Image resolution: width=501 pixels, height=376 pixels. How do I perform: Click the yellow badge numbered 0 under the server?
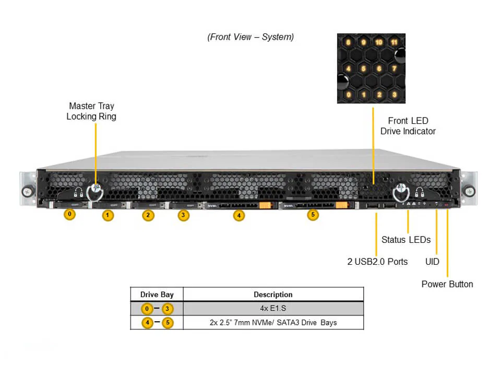(69, 214)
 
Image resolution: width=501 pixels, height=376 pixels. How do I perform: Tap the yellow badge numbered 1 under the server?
(108, 215)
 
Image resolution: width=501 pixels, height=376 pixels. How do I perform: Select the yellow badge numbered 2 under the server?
(149, 215)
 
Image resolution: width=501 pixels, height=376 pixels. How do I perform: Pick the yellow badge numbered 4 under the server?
(238, 215)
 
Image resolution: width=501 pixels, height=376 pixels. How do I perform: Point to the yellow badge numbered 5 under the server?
(313, 214)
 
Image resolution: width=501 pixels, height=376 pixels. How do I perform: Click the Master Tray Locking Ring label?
(91, 111)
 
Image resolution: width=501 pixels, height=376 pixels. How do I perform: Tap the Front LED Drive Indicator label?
(408, 126)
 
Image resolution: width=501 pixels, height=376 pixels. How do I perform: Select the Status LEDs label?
(406, 240)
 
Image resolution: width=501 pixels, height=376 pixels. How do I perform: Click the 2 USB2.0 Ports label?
(377, 261)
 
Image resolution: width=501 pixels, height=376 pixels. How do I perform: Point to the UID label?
(432, 261)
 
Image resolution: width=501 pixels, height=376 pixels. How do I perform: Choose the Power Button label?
(447, 284)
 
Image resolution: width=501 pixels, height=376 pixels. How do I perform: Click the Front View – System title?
(250, 37)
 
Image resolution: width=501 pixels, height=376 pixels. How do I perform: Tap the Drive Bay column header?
(157, 295)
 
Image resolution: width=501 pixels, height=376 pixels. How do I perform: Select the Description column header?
(273, 295)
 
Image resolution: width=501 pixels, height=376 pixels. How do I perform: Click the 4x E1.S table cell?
(273, 309)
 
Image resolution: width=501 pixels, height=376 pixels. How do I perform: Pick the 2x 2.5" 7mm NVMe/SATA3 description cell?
(273, 323)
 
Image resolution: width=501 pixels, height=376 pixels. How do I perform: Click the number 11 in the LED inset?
(395, 42)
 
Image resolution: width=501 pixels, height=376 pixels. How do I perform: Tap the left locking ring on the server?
(94, 192)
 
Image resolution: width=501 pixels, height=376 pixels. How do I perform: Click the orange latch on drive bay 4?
(266, 206)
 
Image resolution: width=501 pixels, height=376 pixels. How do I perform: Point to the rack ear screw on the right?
(471, 191)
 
